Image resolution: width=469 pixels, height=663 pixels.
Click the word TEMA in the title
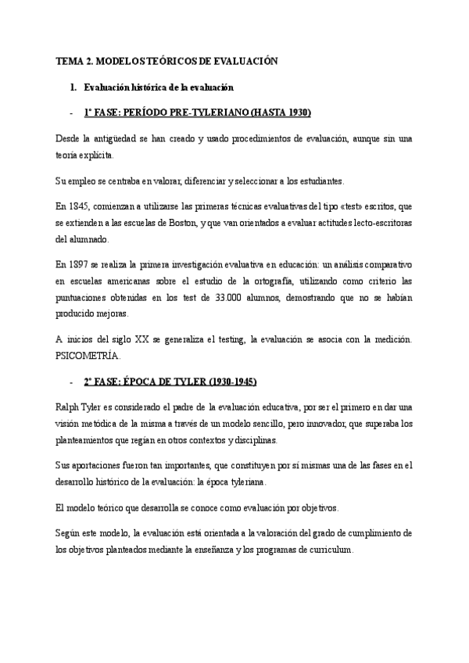(69, 60)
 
